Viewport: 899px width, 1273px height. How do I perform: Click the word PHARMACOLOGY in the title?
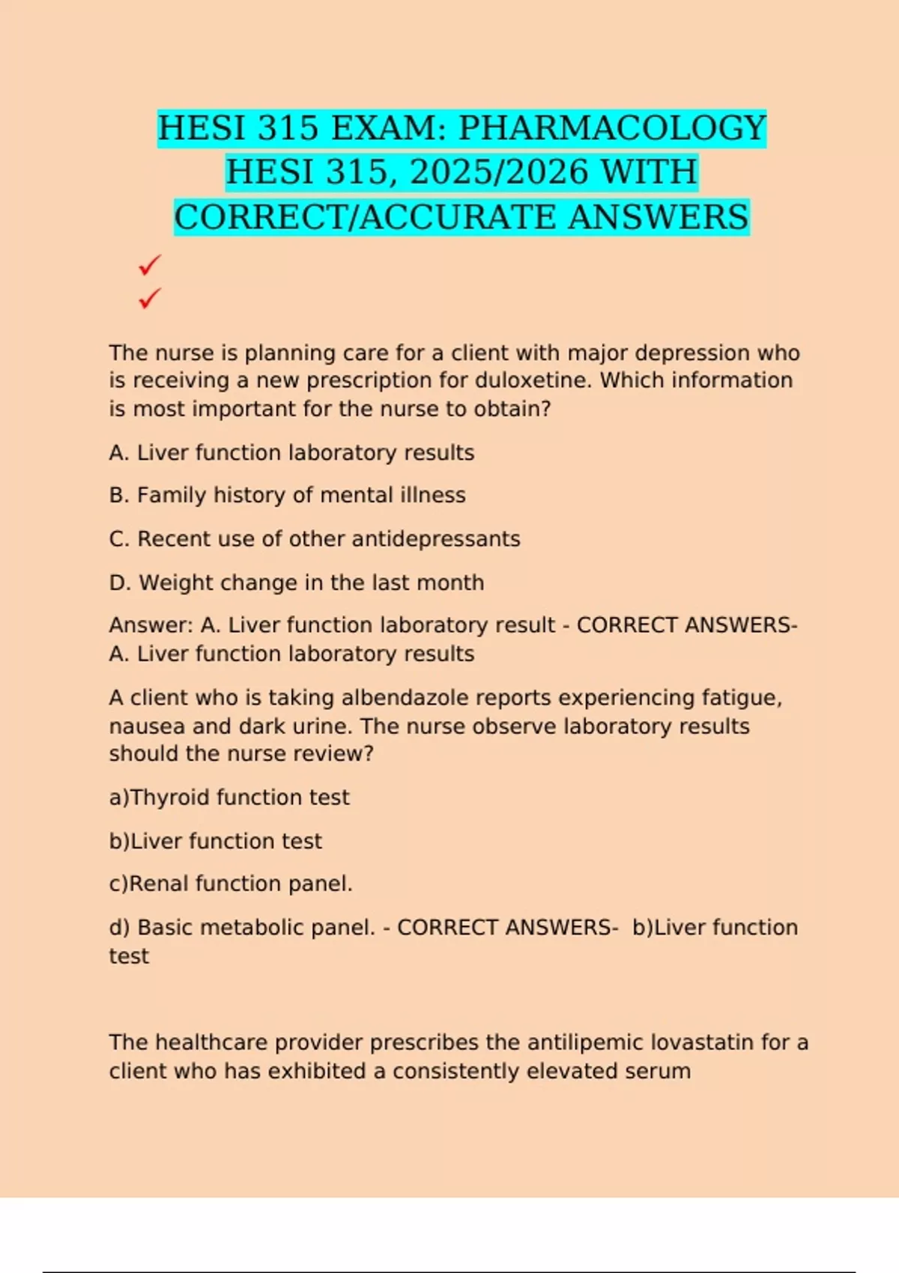(x=612, y=128)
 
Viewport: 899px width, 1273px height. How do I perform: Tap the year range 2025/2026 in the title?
(x=499, y=172)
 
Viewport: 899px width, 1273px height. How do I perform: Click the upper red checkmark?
(x=150, y=265)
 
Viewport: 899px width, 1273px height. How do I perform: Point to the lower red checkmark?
(x=150, y=299)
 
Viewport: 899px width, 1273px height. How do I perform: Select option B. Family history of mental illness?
(x=287, y=495)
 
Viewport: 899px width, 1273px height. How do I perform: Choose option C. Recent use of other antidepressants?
(x=315, y=538)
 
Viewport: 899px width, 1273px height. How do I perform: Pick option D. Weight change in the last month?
(x=297, y=583)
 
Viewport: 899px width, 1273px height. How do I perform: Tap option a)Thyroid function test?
(x=229, y=797)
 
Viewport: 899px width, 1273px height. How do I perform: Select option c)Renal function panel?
(x=231, y=884)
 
